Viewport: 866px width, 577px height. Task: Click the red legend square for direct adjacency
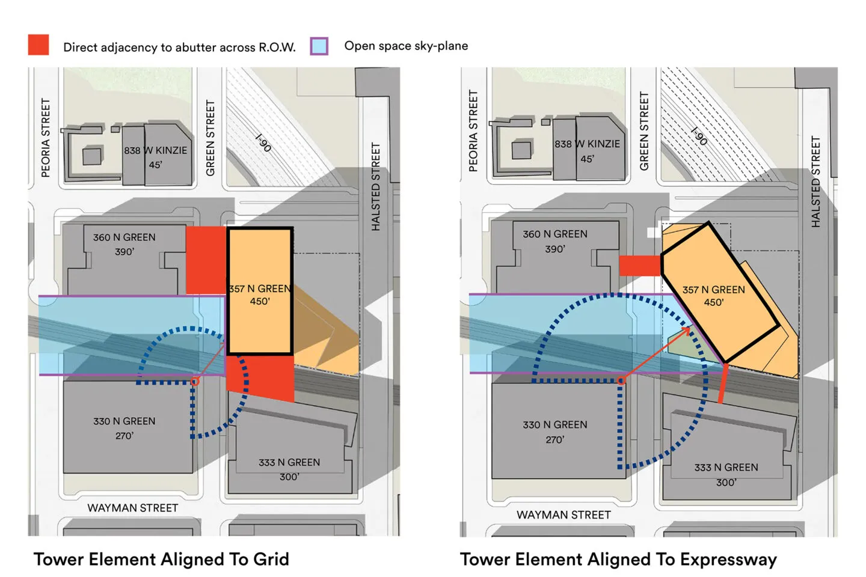click(x=38, y=44)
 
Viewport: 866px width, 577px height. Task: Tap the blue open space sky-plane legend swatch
click(x=319, y=46)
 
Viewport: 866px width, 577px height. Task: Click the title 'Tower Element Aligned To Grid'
click(x=161, y=559)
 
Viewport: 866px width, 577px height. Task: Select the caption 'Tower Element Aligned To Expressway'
click(x=618, y=560)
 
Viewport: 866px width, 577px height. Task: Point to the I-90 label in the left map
click(x=263, y=142)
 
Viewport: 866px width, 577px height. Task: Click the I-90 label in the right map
click(x=699, y=136)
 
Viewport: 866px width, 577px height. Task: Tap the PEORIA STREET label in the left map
click(x=46, y=138)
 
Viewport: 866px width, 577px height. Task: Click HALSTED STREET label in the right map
click(x=815, y=182)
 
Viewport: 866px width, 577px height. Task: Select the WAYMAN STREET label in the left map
click(x=132, y=508)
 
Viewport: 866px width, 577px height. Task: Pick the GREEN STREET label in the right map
click(x=643, y=131)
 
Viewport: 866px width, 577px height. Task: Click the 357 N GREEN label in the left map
click(x=260, y=288)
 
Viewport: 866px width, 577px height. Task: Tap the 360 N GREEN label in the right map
click(x=554, y=234)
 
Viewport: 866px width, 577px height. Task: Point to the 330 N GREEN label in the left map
click(x=124, y=421)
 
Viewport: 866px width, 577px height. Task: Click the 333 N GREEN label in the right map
click(x=726, y=467)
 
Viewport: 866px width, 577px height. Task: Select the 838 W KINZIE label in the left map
click(x=155, y=150)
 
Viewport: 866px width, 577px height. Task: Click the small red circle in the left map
click(x=195, y=382)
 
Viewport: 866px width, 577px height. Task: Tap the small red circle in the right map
click(x=621, y=380)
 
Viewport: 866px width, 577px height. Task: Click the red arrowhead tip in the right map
click(x=690, y=328)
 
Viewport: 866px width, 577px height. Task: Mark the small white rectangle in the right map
click(x=654, y=232)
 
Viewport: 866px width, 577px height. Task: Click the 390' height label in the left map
click(x=124, y=252)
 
